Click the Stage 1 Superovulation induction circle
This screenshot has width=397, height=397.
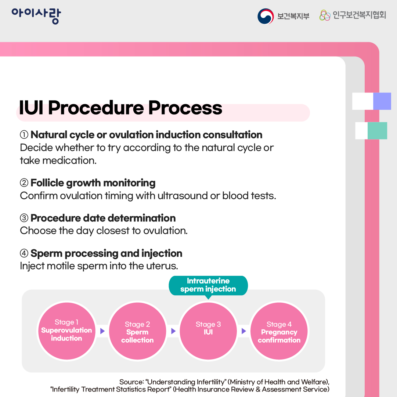[x=66, y=331]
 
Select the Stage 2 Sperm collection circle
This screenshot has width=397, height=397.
[x=137, y=332]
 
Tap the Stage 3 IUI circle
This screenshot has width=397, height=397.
[x=208, y=331]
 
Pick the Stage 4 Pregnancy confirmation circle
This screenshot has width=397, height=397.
[x=279, y=332]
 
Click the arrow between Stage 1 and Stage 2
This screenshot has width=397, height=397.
[x=102, y=331]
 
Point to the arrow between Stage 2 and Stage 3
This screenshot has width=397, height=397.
[x=173, y=331]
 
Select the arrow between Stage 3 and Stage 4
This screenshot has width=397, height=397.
[x=244, y=331]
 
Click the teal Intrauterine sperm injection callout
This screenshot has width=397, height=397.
[x=208, y=285]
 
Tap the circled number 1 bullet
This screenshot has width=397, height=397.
[x=24, y=135]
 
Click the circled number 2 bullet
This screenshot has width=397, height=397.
[x=24, y=183]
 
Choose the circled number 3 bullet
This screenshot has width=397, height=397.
[x=24, y=218]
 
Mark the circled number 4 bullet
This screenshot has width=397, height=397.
[x=24, y=253]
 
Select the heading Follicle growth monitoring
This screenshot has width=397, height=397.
[x=93, y=183]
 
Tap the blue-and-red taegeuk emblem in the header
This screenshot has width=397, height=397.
[x=266, y=16]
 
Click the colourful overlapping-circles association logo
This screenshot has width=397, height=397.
[x=325, y=15]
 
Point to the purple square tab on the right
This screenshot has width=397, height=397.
[x=382, y=101]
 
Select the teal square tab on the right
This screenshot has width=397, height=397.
[x=377, y=131]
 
